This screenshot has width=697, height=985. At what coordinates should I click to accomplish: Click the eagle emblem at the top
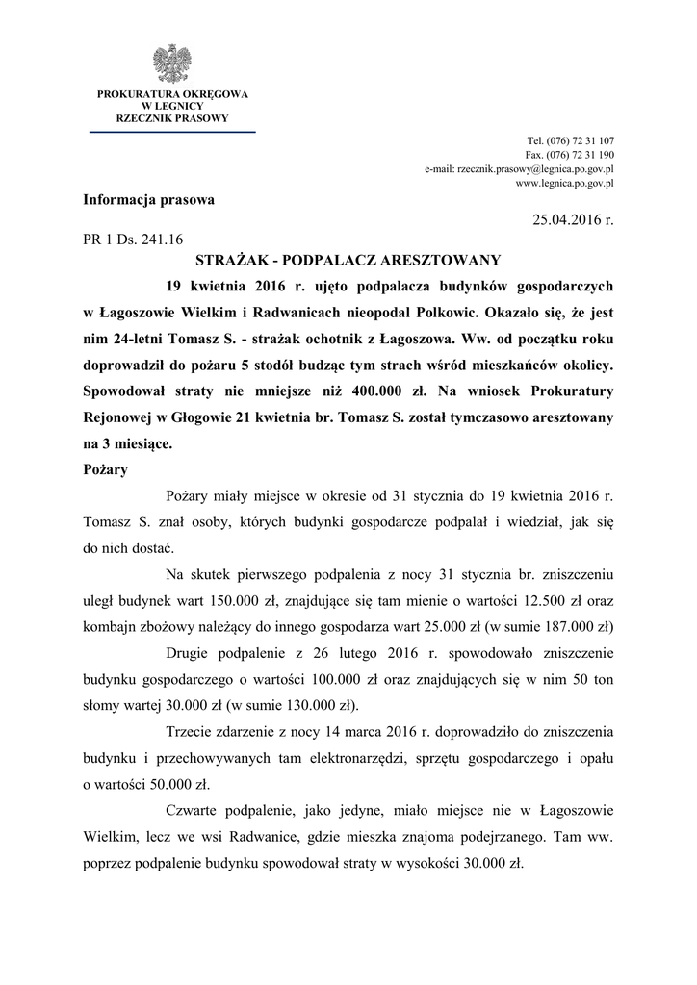(172, 63)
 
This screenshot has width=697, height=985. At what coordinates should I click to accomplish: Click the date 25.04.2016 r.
(573, 220)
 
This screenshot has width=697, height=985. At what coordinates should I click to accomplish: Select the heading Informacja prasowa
(149, 200)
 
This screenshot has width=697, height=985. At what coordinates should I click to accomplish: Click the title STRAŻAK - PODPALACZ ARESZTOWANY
(348, 261)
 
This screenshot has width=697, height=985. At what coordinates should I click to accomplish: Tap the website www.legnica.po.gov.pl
(565, 182)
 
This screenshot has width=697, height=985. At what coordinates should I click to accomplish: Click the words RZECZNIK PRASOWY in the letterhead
(172, 118)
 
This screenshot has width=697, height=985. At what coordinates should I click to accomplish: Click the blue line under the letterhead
(172, 131)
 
